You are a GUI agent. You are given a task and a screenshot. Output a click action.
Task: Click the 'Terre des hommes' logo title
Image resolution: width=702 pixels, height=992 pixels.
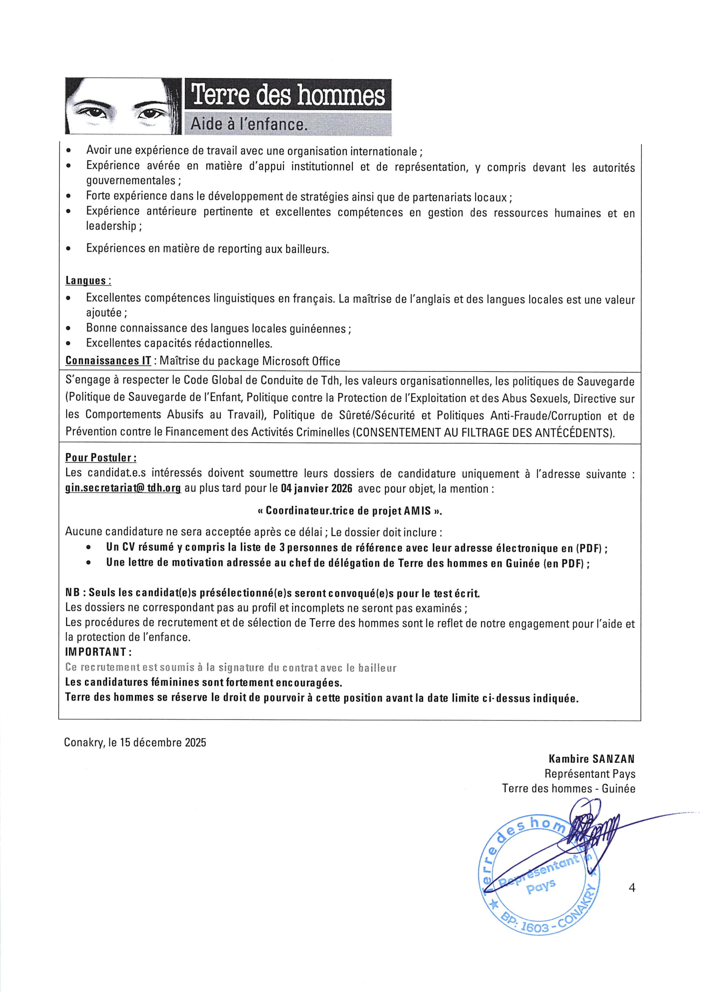click(288, 95)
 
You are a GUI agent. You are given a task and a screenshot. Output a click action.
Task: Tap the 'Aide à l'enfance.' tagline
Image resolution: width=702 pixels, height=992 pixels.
click(249, 124)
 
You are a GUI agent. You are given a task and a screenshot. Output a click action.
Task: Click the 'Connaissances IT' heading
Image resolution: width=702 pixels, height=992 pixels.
click(108, 361)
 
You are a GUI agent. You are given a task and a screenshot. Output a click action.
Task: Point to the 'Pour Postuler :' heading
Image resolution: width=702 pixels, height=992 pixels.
click(101, 457)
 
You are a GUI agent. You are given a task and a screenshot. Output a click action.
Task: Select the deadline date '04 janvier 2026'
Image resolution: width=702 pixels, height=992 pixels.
click(317, 489)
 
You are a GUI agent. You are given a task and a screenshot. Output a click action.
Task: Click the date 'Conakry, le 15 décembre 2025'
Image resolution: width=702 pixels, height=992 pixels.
click(135, 743)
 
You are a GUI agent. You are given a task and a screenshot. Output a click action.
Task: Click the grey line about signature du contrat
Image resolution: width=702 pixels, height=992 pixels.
click(230, 667)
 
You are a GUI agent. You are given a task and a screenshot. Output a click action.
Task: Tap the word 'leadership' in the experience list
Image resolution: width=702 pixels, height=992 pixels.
click(111, 226)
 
